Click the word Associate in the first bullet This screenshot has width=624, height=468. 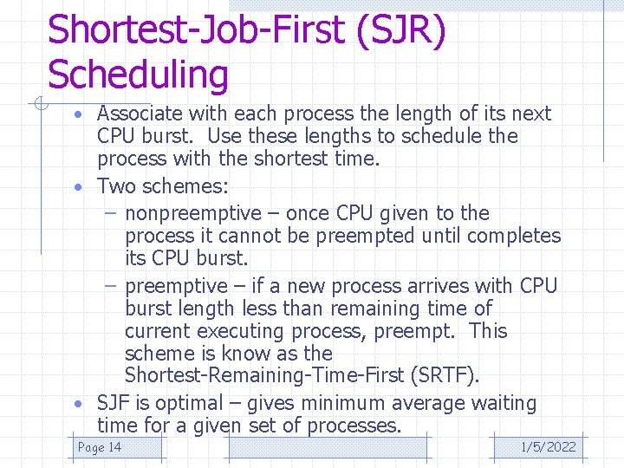pyautogui.click(x=139, y=114)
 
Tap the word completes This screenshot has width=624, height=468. pyautogui.click(x=515, y=236)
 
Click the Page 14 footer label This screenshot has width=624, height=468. pyautogui.click(x=100, y=447)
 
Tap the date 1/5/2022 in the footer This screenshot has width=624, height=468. pyautogui.click(x=548, y=447)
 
